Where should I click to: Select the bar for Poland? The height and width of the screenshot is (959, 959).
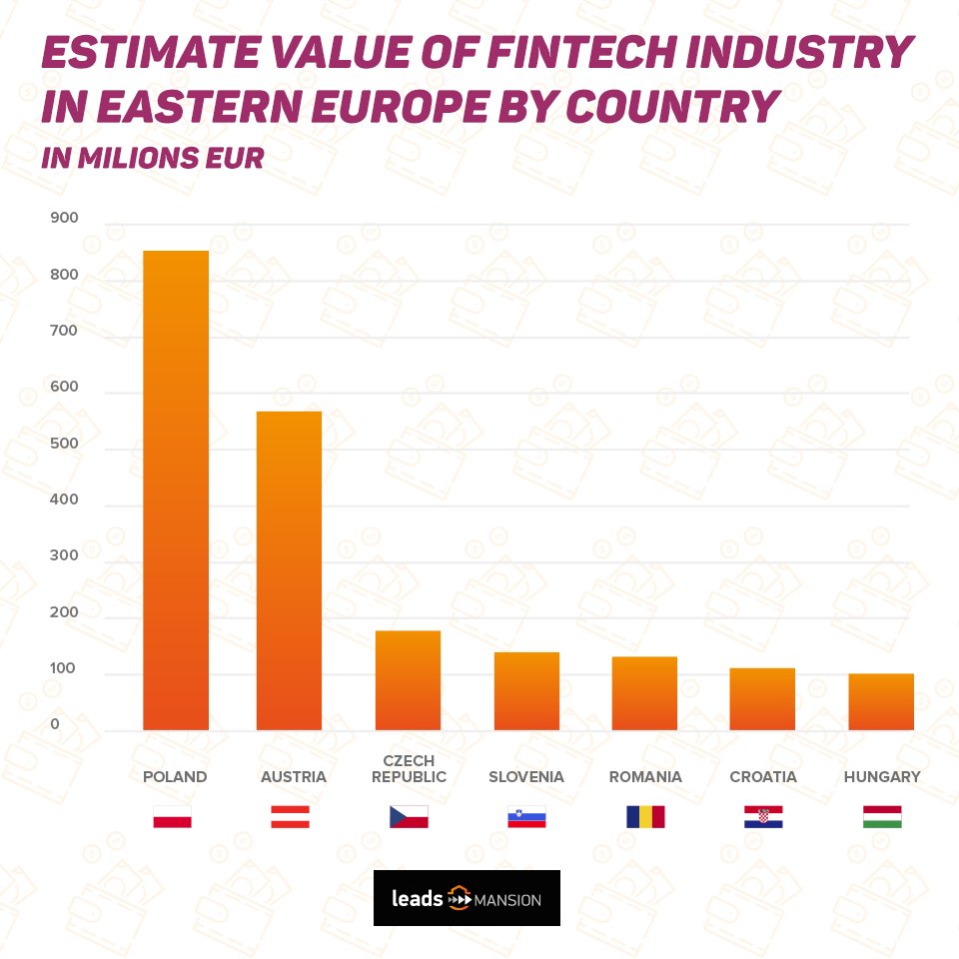tap(176, 489)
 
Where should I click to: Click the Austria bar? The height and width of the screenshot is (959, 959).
tap(289, 570)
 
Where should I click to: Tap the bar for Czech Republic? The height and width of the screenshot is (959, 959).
tap(408, 680)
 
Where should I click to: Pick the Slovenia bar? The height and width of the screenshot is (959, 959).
tap(526, 691)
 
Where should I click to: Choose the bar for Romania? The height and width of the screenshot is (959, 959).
tap(644, 693)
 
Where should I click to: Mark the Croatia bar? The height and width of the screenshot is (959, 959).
tap(762, 699)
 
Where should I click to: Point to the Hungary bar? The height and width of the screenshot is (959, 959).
tap(881, 702)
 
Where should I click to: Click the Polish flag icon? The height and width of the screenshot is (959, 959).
tap(172, 817)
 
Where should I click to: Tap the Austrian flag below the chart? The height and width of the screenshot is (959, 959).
tap(290, 817)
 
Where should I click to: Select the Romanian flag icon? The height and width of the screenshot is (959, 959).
tap(645, 817)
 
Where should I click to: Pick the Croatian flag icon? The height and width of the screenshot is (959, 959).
tap(763, 817)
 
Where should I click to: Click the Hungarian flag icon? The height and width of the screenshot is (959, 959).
tap(882, 817)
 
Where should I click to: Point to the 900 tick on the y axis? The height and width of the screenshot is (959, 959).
tap(62, 219)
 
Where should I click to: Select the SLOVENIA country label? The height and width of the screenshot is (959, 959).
tap(526, 776)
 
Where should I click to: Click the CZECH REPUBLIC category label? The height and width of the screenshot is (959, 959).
tap(408, 769)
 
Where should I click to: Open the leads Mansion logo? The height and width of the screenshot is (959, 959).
tap(467, 898)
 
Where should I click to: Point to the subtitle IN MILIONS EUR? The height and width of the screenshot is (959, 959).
tap(152, 158)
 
